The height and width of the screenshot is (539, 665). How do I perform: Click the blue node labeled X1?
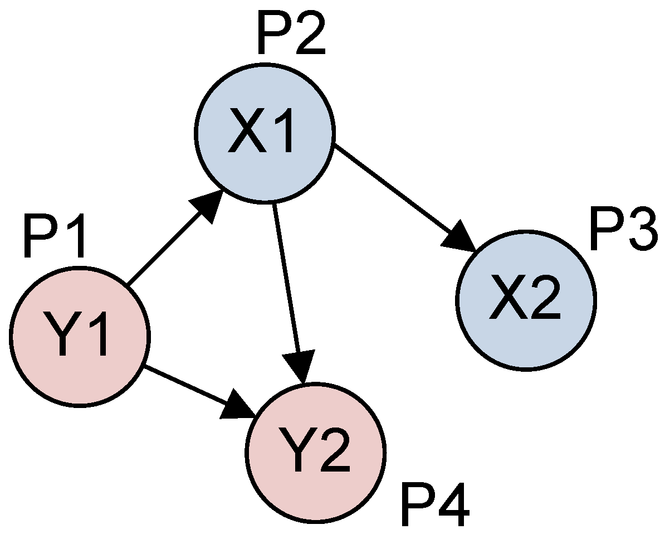click(x=265, y=133)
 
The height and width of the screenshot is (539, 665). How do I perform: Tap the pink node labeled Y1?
click(x=80, y=336)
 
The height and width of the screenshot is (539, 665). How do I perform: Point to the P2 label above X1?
click(x=291, y=35)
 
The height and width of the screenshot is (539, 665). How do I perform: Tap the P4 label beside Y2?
click(x=434, y=507)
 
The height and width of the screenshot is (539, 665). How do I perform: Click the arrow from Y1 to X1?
click(x=167, y=245)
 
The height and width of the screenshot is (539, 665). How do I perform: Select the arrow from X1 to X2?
click(x=395, y=192)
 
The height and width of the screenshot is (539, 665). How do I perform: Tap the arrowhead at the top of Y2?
click(x=301, y=368)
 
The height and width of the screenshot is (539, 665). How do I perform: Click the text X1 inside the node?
click(x=261, y=133)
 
